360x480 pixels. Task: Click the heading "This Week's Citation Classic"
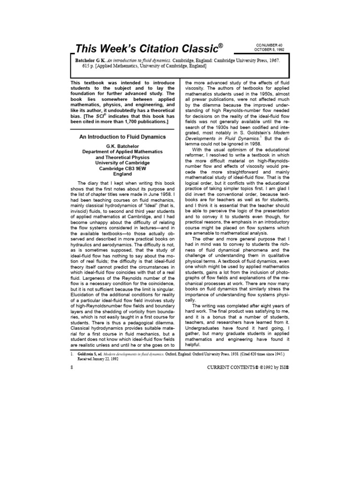[146, 48]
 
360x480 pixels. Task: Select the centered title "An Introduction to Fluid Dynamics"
[122, 137]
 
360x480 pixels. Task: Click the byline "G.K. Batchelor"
[122, 146]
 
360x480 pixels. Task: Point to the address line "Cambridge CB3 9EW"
[122, 167]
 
